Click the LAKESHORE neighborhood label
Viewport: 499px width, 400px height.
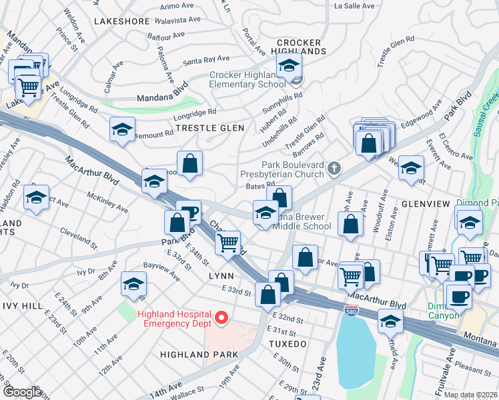click(121, 21)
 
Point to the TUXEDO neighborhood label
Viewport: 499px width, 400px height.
click(287, 344)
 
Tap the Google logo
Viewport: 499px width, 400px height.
click(21, 391)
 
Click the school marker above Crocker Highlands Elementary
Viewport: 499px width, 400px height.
click(290, 66)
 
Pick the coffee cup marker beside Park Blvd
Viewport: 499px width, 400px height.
click(189, 213)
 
